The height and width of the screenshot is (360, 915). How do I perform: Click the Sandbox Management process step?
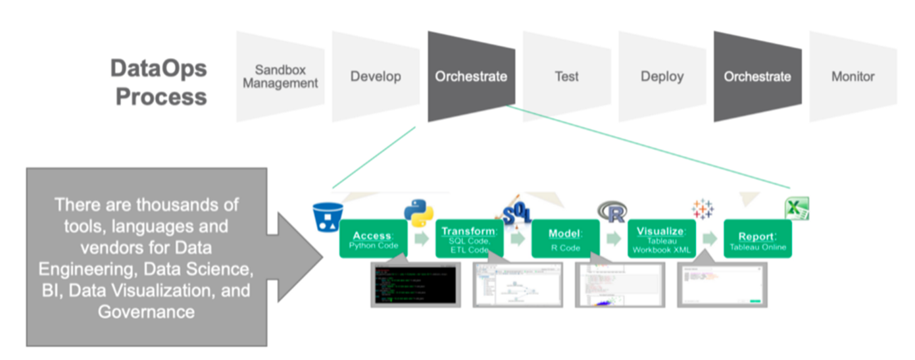tap(280, 76)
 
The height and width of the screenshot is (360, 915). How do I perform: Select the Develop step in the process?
tap(376, 76)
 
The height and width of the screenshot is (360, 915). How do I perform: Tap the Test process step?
tap(566, 76)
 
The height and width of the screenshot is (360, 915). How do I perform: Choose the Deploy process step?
tap(662, 76)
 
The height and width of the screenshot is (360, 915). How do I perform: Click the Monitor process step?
tap(853, 76)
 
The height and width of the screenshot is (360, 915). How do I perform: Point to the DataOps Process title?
tap(159, 82)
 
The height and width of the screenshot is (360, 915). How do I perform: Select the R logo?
tap(612, 212)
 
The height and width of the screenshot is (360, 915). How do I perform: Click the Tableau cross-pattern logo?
tap(703, 209)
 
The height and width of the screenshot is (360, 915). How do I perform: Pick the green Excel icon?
tap(797, 209)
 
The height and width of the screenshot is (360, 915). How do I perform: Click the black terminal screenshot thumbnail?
tap(414, 284)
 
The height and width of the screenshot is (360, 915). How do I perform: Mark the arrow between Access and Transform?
tap(422, 239)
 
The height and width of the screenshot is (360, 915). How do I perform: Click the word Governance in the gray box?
tap(146, 311)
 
